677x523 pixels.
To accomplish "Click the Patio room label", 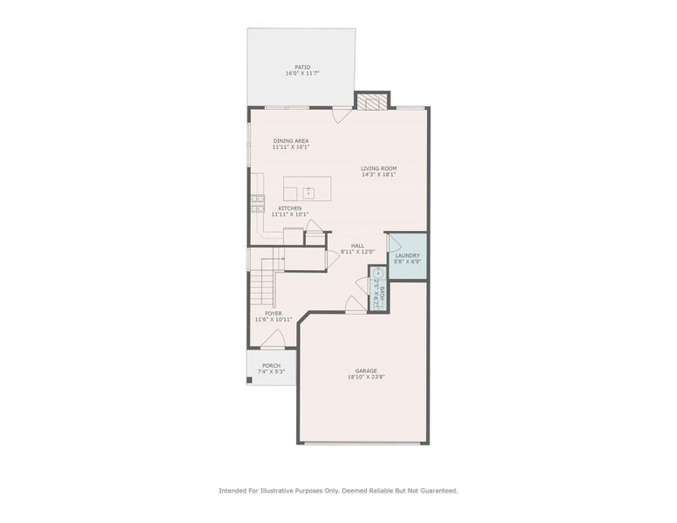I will pyautogui.click(x=302, y=66).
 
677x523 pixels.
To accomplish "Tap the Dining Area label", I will pyautogui.click(x=291, y=140).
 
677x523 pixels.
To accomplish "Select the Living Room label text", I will pyautogui.click(x=379, y=167).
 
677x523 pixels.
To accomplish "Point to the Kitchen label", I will pyautogui.click(x=290, y=208).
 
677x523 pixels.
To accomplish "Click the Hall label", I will pyautogui.click(x=357, y=246).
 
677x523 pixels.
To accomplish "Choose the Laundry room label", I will pyautogui.click(x=408, y=255).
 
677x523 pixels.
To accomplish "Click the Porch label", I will pyautogui.click(x=271, y=365).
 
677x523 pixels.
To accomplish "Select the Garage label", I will pyautogui.click(x=366, y=370).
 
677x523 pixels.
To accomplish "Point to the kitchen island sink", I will pyautogui.click(x=308, y=192).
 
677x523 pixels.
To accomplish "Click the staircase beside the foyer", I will pyautogui.click(x=265, y=277).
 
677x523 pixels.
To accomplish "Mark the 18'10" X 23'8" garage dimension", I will pyautogui.click(x=366, y=377).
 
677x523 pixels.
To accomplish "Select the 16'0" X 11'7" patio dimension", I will pyautogui.click(x=302, y=73).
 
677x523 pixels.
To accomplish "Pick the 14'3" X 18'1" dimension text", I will pyautogui.click(x=379, y=174).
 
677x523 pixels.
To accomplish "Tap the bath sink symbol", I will pyautogui.click(x=378, y=273).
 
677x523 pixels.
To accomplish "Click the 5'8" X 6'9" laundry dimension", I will pyautogui.click(x=408, y=261).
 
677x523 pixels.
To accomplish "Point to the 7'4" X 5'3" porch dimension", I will pyautogui.click(x=271, y=372).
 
